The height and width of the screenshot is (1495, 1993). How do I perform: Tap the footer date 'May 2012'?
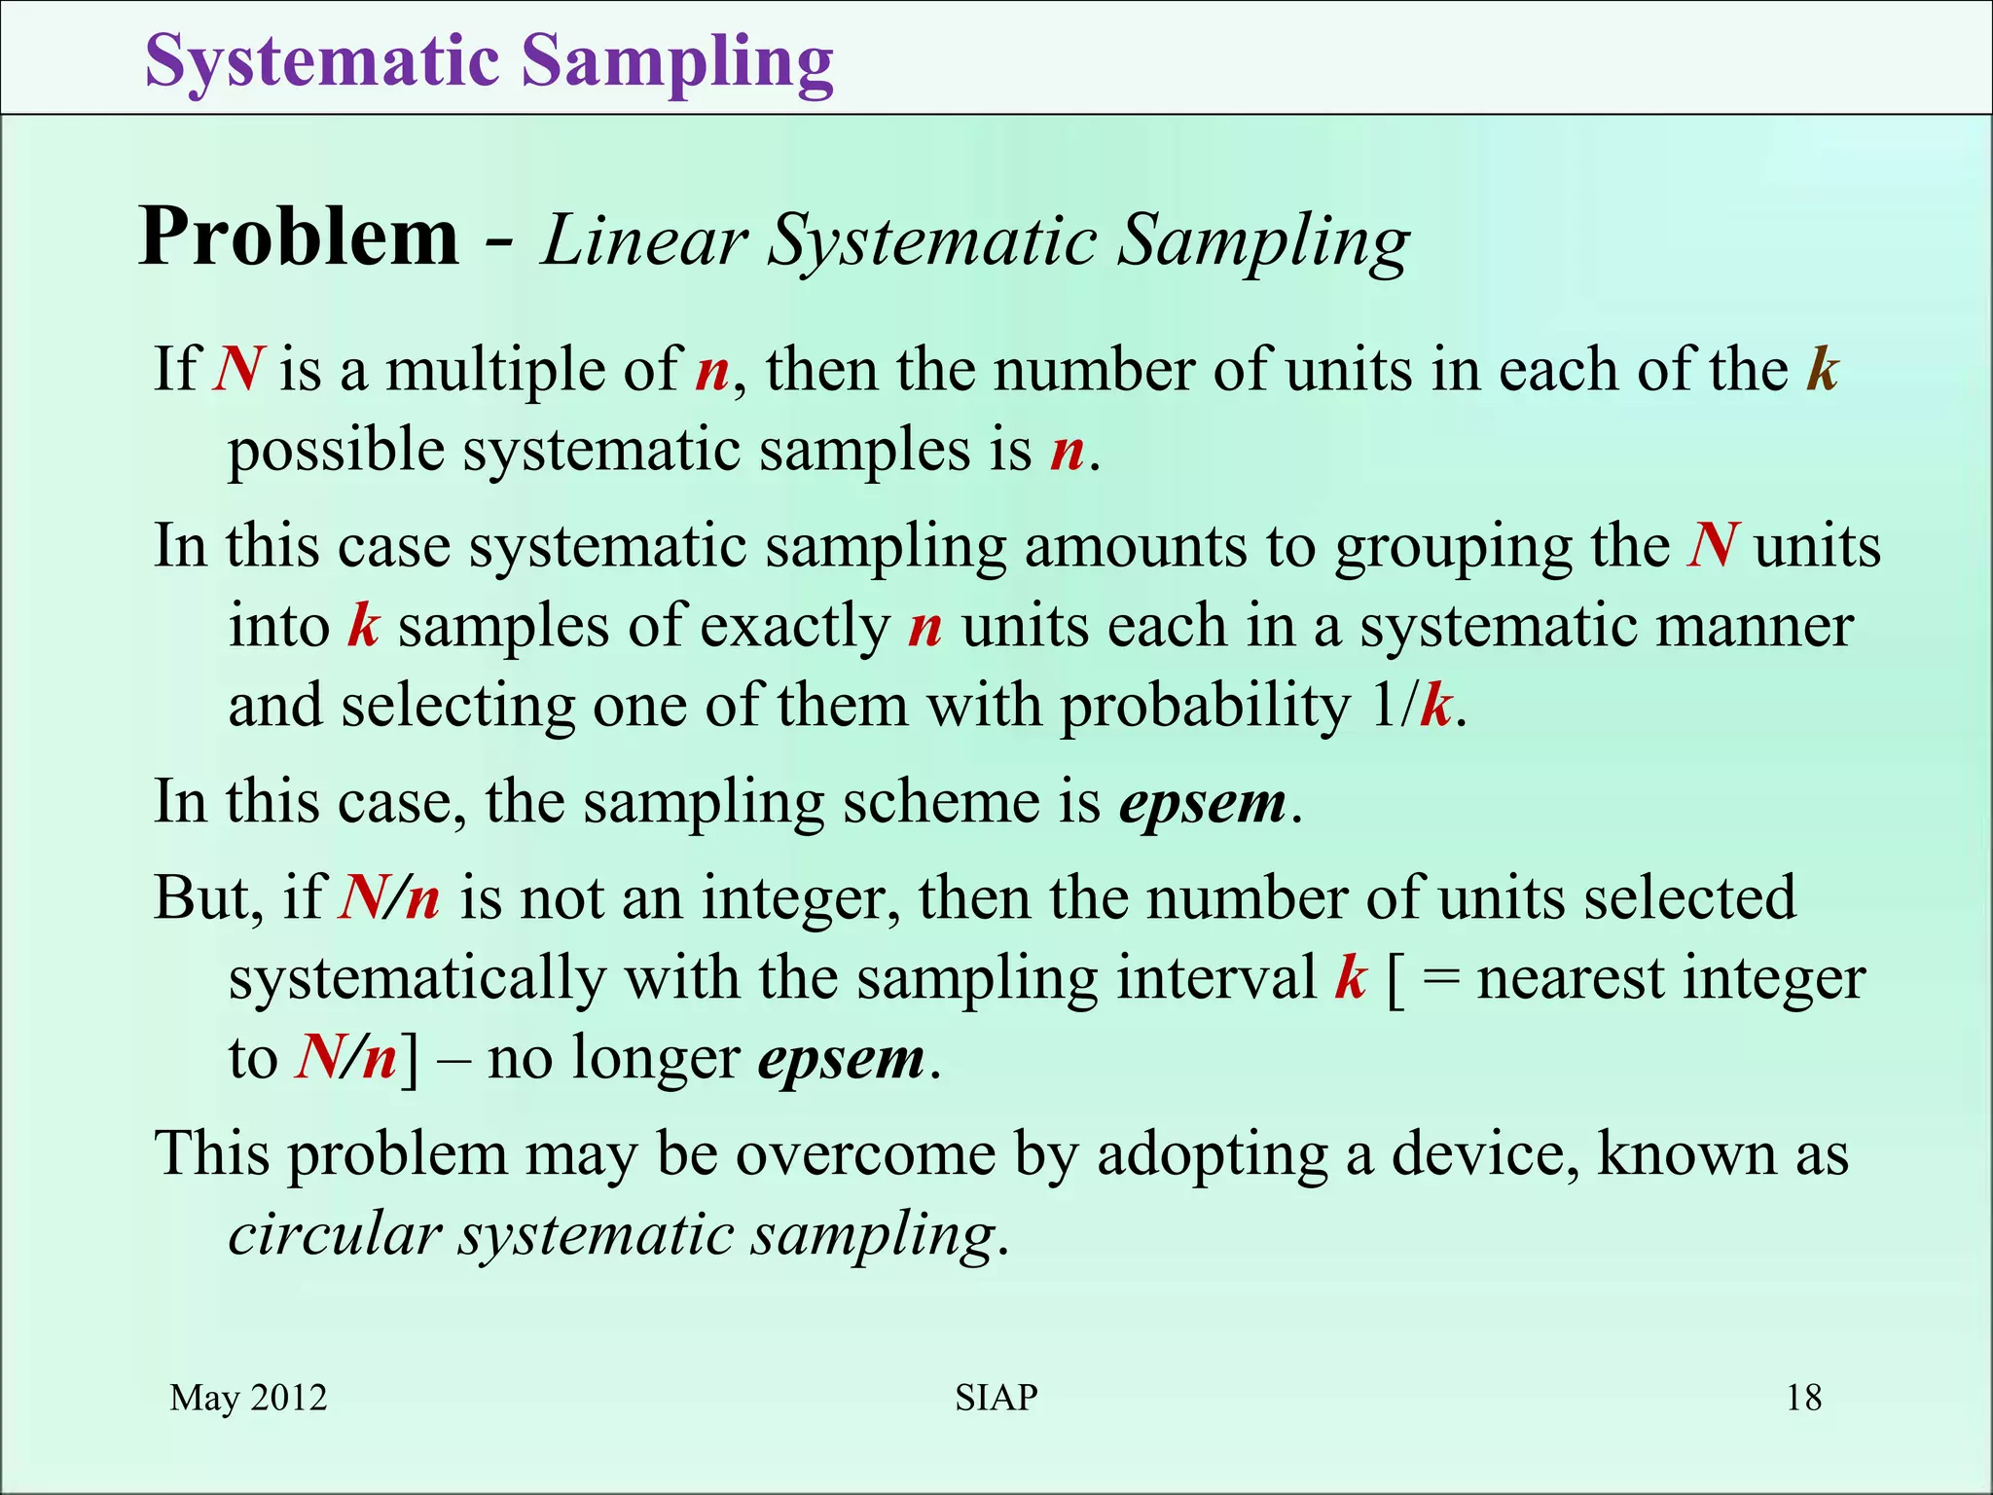click(x=248, y=1398)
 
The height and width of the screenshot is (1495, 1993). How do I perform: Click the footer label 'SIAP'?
click(x=996, y=1398)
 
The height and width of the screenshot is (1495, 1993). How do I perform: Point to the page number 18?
click(x=1803, y=1398)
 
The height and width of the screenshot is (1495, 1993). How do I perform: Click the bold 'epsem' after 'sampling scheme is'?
click(x=1203, y=804)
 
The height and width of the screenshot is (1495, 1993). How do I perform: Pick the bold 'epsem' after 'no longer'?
click(x=841, y=1059)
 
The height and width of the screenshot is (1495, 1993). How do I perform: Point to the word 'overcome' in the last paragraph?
click(x=864, y=1154)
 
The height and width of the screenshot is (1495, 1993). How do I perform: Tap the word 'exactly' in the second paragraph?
click(x=794, y=627)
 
